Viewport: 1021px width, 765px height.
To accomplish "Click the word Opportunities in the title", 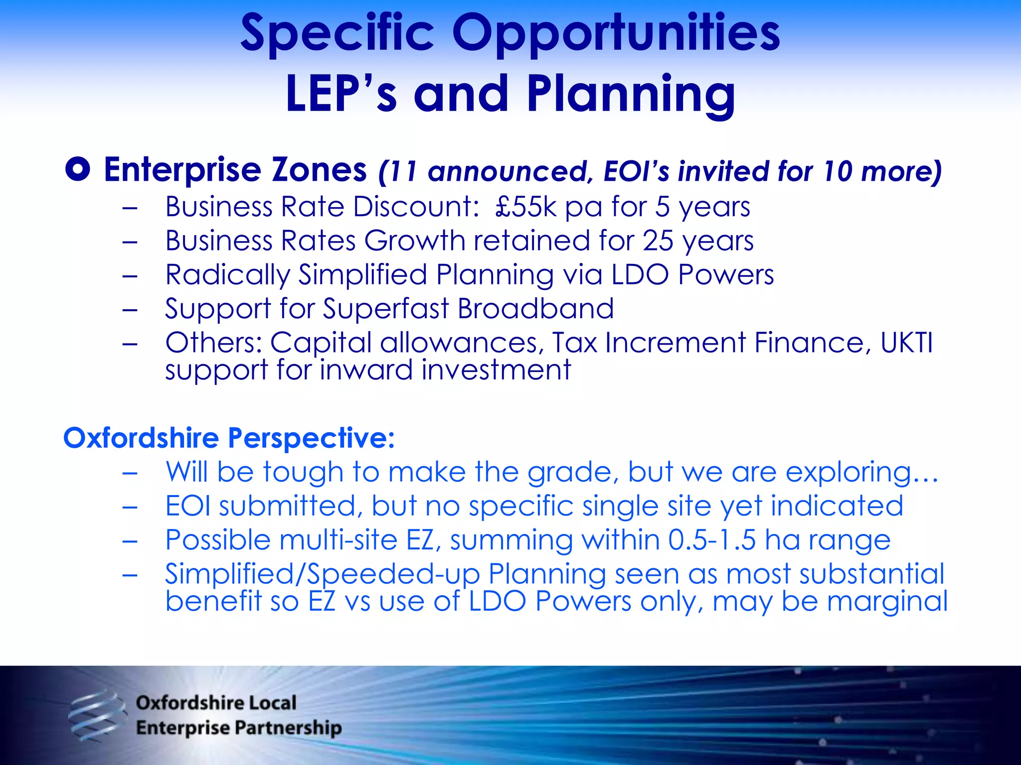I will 616,34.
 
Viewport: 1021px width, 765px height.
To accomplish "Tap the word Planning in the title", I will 631,95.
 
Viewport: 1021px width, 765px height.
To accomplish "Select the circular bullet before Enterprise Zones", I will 78,170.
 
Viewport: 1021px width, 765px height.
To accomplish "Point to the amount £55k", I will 525,207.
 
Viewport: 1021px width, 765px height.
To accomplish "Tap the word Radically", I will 227,275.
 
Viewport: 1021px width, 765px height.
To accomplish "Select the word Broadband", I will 535,309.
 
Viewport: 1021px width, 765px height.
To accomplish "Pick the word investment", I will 496,370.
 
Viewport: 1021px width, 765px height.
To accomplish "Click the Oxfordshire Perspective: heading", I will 229,438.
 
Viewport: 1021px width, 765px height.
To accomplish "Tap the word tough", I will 303,472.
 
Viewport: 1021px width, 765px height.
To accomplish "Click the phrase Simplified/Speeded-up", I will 322,574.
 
